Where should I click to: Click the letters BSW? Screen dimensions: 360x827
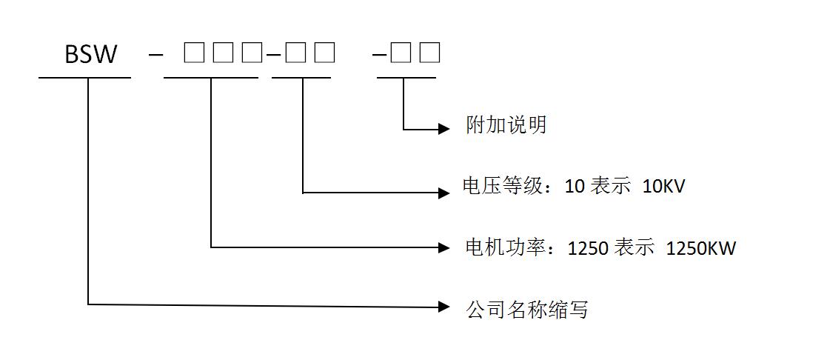click(91, 54)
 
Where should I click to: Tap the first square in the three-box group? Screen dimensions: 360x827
click(193, 53)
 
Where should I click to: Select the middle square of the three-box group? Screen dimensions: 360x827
click(224, 53)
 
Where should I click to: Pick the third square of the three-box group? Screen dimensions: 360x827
click(252, 53)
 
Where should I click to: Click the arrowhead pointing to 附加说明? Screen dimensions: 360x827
click(444, 129)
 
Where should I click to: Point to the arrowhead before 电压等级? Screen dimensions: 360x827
click(444, 193)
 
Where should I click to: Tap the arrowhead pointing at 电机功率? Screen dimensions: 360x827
click(444, 247)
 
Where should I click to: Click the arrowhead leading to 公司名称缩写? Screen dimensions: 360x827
click(444, 306)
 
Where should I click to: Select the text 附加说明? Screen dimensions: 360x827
click(506, 124)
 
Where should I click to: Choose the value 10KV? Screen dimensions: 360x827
click(664, 186)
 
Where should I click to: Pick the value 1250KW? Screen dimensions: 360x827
click(700, 248)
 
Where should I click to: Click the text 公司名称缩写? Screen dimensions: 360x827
click(526, 309)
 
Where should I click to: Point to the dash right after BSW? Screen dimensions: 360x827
click(155, 55)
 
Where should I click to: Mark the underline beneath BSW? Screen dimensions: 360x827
click(84, 77)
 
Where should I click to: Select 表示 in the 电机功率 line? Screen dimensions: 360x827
click(634, 248)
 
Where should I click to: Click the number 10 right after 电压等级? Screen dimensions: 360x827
click(575, 186)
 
